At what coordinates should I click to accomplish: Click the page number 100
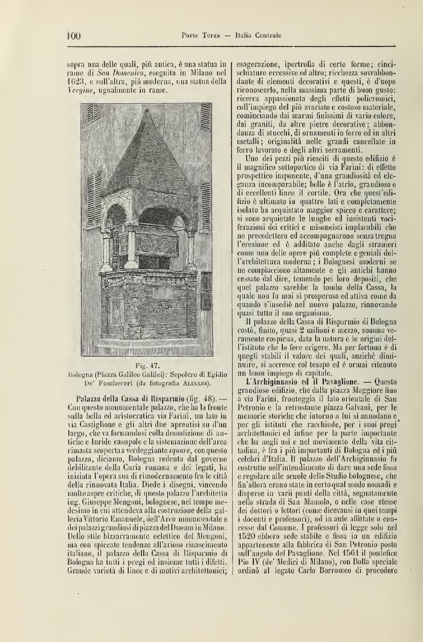click(73, 36)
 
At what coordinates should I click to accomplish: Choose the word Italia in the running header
click(251, 36)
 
